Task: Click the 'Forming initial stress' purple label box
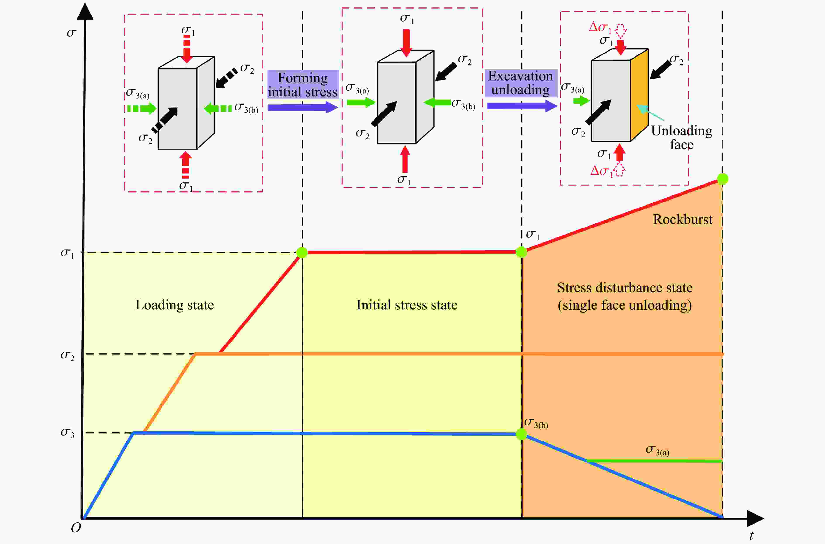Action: (x=303, y=84)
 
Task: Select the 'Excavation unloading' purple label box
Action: (x=521, y=83)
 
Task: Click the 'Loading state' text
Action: (x=174, y=305)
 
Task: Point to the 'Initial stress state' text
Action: (x=407, y=305)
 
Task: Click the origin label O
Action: (x=76, y=528)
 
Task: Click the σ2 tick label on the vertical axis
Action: (x=67, y=355)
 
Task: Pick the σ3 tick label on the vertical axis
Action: (x=67, y=433)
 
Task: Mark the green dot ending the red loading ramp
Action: (x=302, y=252)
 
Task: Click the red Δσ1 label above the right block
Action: (x=600, y=27)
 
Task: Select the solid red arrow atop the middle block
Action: (x=406, y=42)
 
